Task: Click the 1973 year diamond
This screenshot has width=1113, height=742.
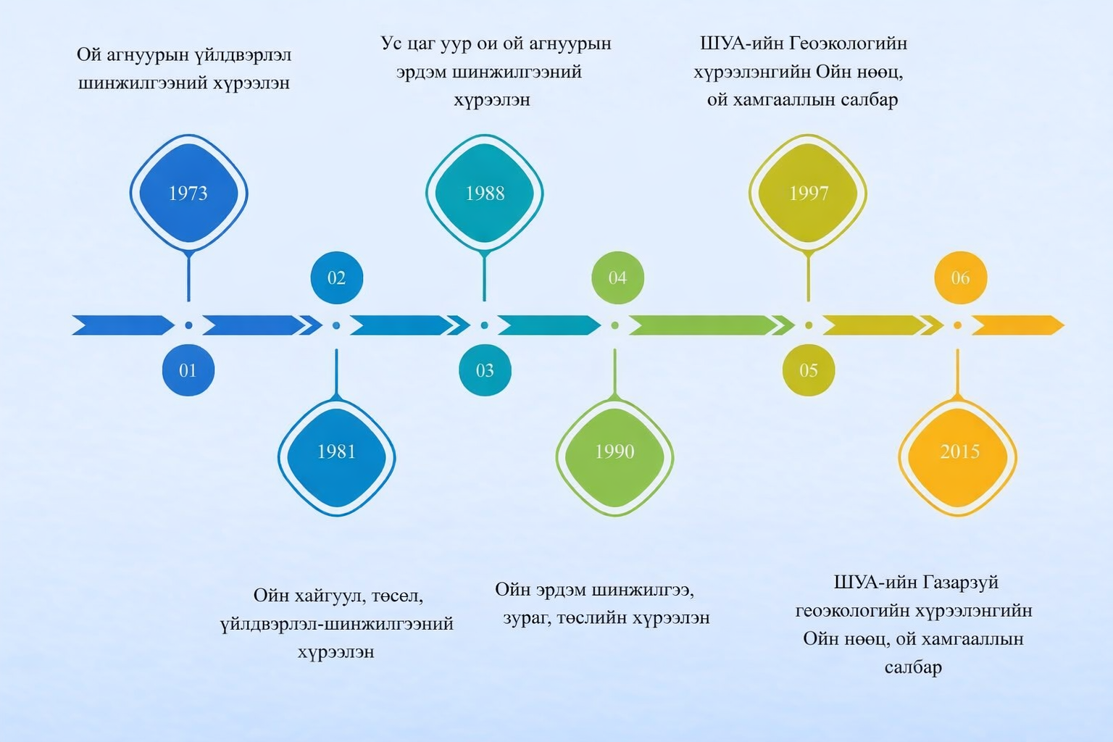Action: point(188,193)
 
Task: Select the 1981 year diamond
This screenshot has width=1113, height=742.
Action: point(336,452)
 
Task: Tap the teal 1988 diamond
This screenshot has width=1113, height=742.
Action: point(485,193)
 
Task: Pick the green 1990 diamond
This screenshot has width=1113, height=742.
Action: point(614,452)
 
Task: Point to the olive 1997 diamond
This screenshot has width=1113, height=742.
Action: point(808,193)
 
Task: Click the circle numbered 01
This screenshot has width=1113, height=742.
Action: point(188,370)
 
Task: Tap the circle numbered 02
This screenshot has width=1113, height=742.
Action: point(336,278)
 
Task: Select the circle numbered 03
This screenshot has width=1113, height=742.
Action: point(485,370)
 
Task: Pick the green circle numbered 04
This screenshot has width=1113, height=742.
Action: point(617,278)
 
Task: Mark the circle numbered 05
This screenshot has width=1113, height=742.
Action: point(808,370)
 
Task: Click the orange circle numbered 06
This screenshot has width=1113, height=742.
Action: point(960,278)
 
